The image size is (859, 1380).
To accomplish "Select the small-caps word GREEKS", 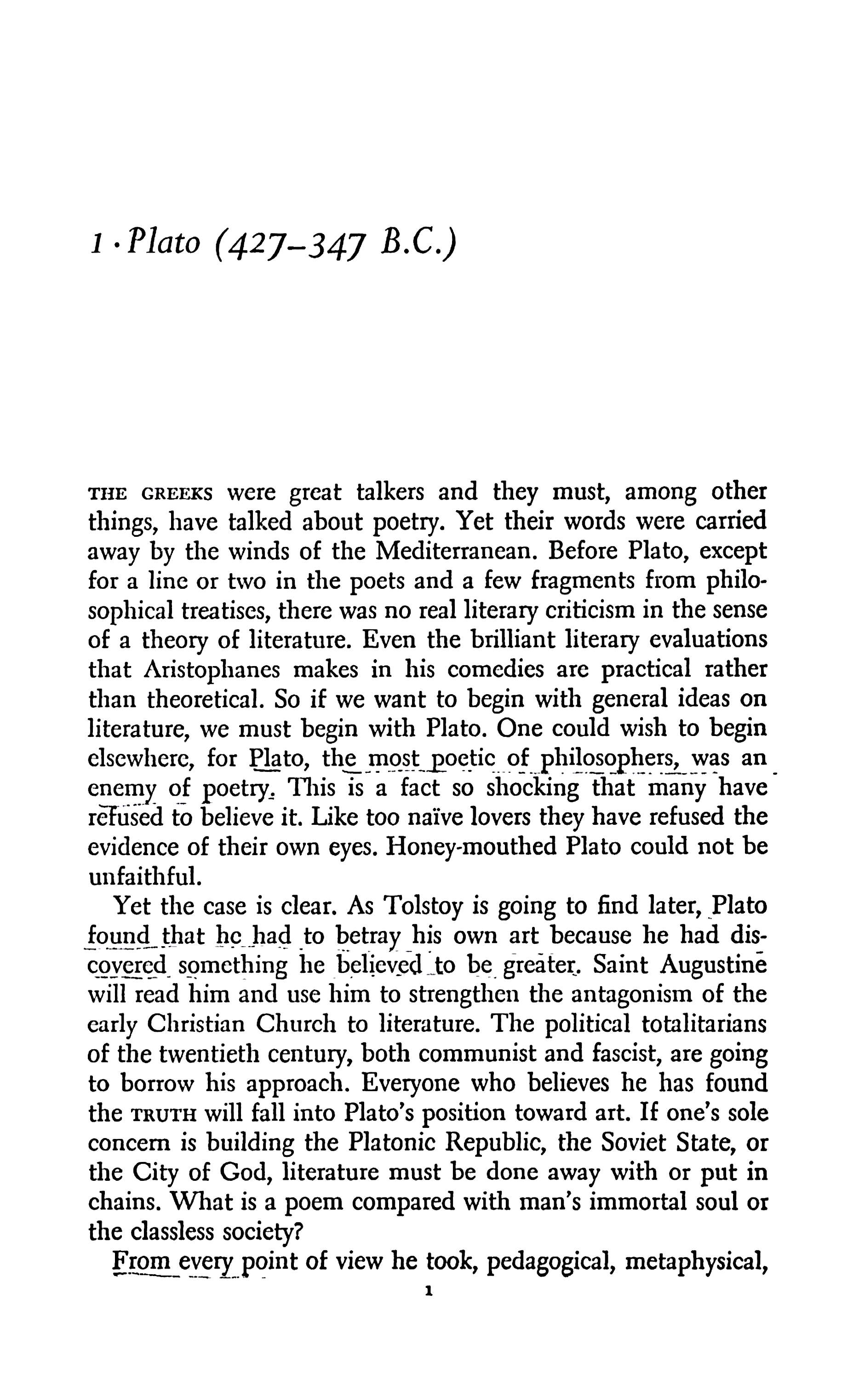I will [176, 493].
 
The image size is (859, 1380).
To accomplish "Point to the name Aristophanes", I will [212, 670].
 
